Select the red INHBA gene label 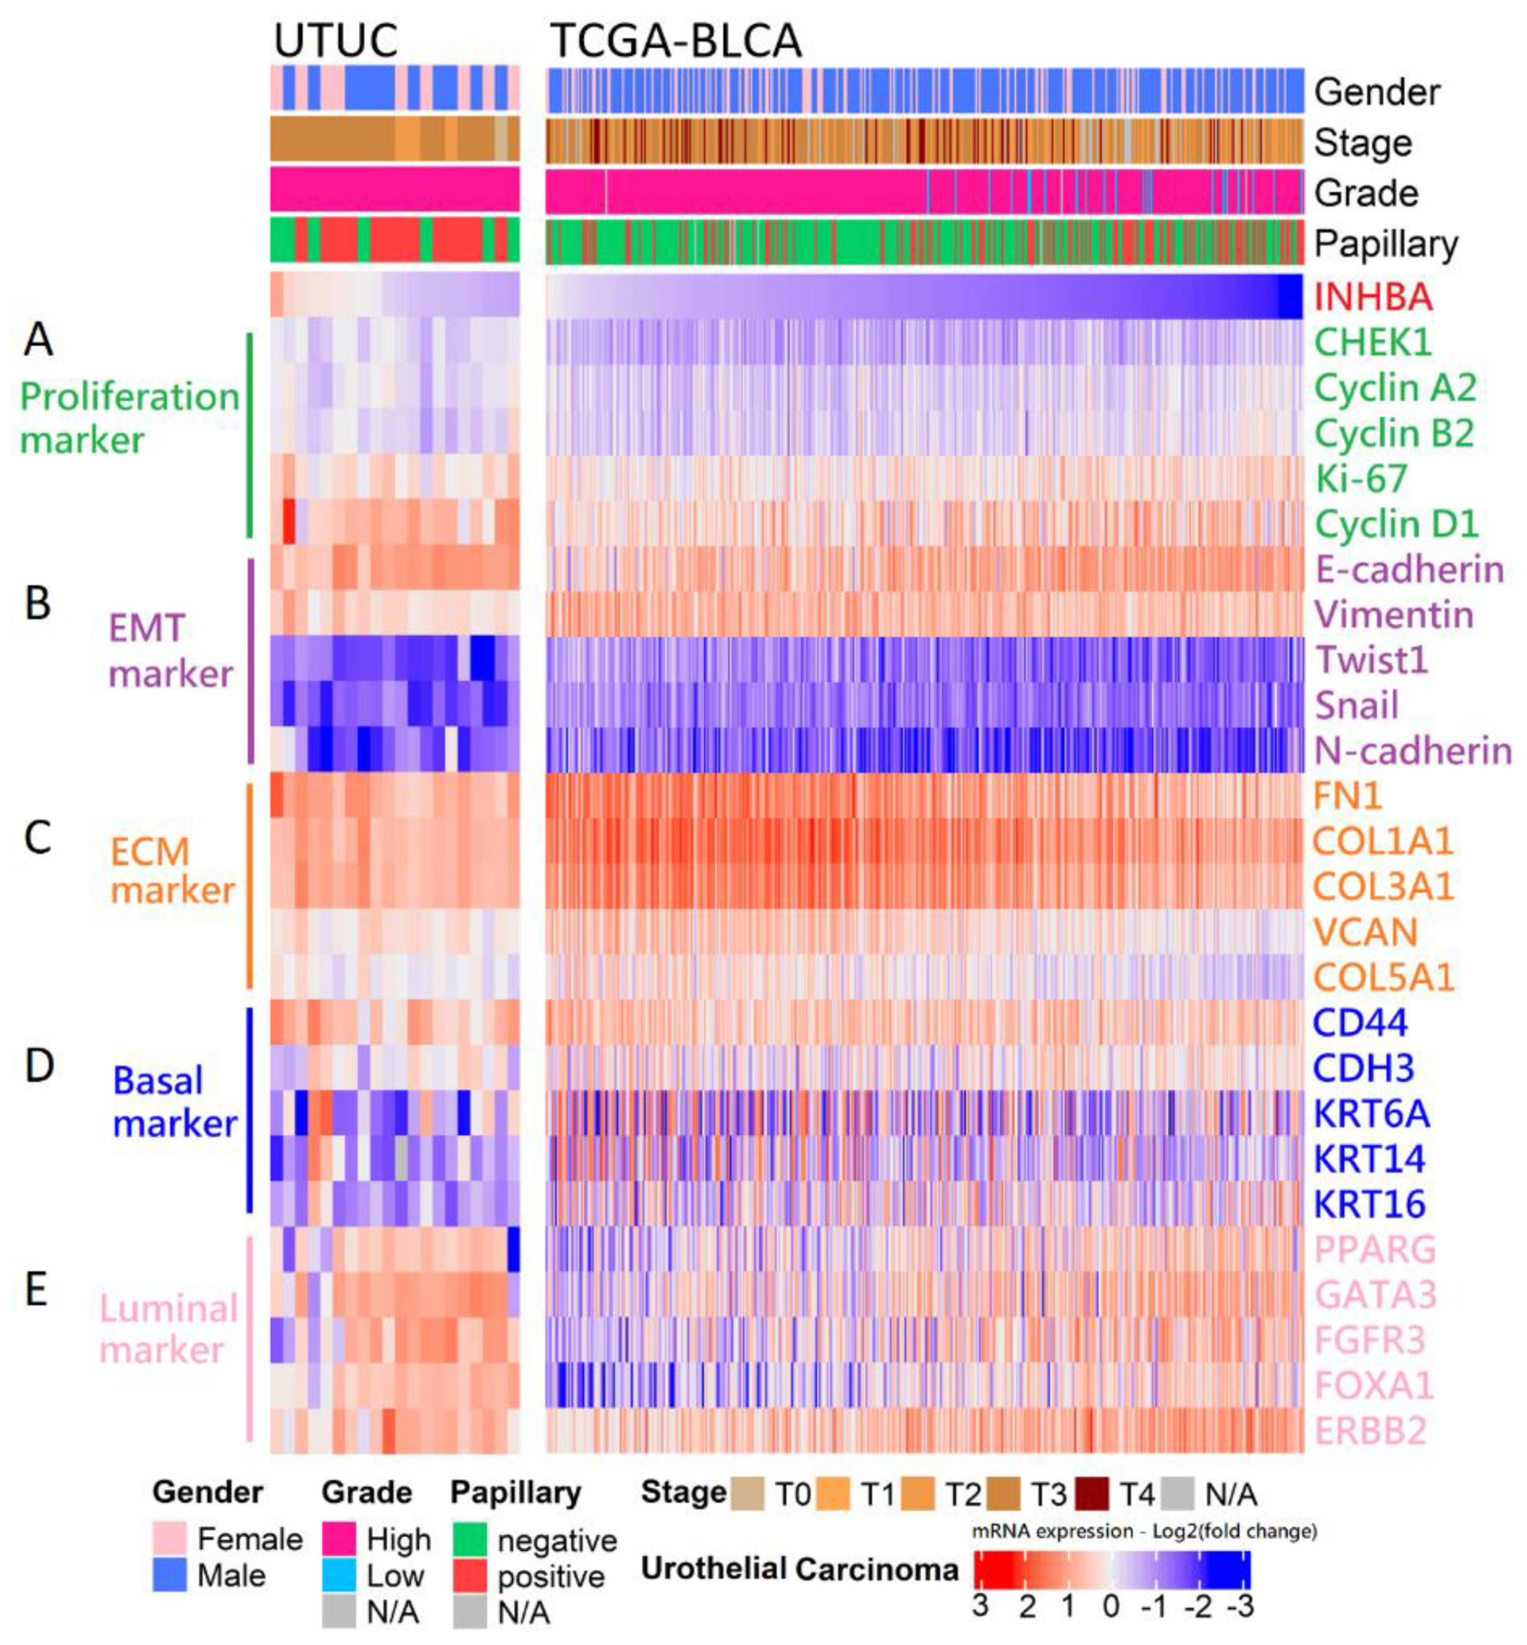[1373, 297]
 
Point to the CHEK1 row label [1373, 342]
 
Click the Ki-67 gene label [1360, 478]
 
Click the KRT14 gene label [1369, 1158]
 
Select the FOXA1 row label [1373, 1386]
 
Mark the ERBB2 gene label [1370, 1431]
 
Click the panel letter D [39, 1066]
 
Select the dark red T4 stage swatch [1091, 1494]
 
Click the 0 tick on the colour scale [1111, 1606]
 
